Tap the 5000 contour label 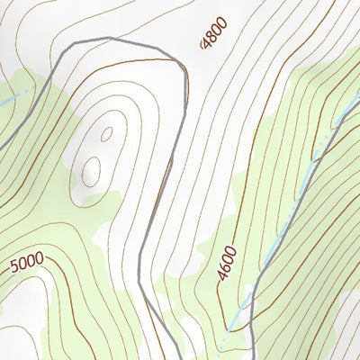pos(27,264)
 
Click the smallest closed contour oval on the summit pos(106,134)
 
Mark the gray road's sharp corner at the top pos(111,39)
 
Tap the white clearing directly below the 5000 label pos(22,301)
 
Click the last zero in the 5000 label pos(39,261)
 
